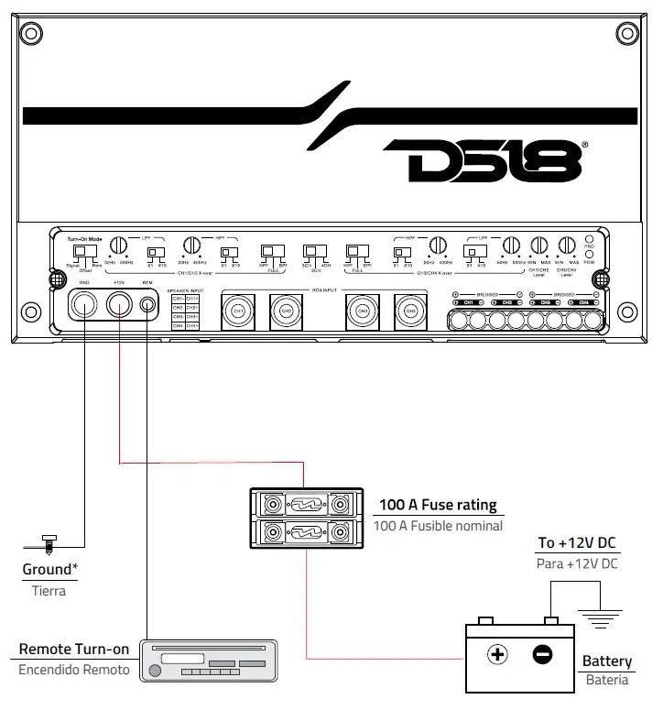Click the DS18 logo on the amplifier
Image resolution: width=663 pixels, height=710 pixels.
pyautogui.click(x=482, y=161)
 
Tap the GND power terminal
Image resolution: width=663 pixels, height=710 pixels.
pyautogui.click(x=84, y=304)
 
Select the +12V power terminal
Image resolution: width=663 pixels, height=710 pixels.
pyautogui.click(x=119, y=304)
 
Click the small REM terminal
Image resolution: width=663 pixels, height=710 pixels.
pyautogui.click(x=147, y=304)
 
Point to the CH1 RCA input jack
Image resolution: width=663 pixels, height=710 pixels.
pyautogui.click(x=238, y=311)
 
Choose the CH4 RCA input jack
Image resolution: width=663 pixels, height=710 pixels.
pyautogui.click(x=410, y=311)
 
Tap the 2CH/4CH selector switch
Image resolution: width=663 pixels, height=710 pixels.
pyautogui.click(x=313, y=250)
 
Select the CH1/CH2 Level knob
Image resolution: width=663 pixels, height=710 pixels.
pyautogui.click(x=539, y=246)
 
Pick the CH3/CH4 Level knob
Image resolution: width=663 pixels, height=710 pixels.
pyautogui.click(x=567, y=246)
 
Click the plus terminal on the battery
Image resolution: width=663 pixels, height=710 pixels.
pyautogui.click(x=497, y=655)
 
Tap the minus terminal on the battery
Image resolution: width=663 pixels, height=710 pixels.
pyautogui.click(x=542, y=655)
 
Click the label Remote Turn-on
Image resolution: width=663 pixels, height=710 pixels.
pyautogui.click(x=74, y=650)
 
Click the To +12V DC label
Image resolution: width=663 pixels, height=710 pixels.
pyautogui.click(x=577, y=543)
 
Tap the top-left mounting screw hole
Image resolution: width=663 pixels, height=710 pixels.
pyautogui.click(x=32, y=35)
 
